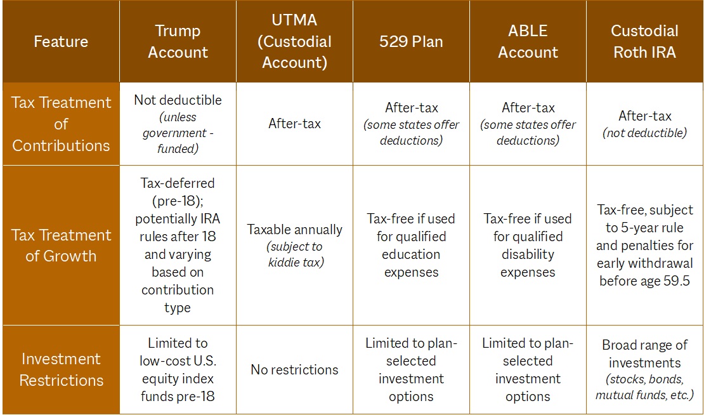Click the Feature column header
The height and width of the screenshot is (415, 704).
point(61,42)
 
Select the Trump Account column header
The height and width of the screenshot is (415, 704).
point(178,42)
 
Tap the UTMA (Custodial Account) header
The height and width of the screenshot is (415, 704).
point(295,42)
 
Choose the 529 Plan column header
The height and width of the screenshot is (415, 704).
point(411,42)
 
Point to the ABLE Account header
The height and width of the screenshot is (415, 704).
point(528,42)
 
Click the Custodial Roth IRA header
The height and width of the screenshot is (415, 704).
point(644,42)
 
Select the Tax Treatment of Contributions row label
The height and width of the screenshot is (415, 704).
point(61,124)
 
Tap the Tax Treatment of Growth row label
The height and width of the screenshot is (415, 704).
point(61,246)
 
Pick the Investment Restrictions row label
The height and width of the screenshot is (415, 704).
point(61,369)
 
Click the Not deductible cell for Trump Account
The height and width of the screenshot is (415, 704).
point(178,100)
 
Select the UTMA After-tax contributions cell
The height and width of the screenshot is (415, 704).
point(295,124)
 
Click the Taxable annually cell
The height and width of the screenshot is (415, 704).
point(295,229)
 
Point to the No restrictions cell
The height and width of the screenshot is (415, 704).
point(295,369)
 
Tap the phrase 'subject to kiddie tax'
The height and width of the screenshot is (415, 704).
point(295,254)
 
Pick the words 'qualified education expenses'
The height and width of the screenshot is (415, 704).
point(411,254)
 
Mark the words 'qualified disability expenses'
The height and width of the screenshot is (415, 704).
point(528,254)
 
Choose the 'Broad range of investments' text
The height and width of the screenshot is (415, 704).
point(644,354)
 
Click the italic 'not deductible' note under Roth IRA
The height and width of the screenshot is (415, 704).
point(644,133)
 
